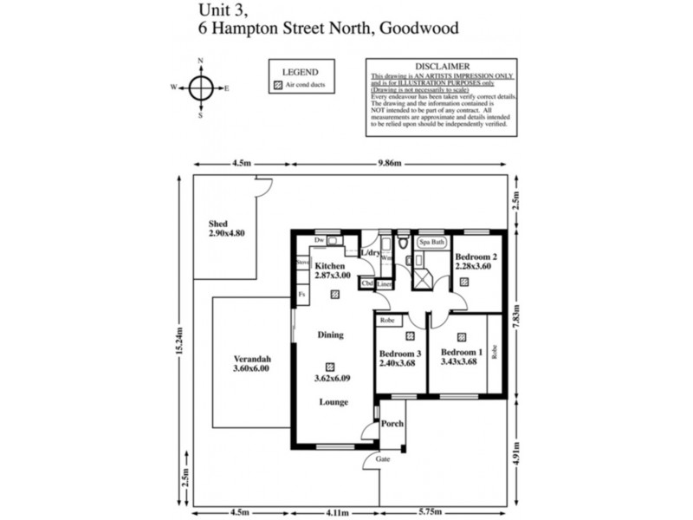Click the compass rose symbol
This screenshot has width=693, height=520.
(201, 88)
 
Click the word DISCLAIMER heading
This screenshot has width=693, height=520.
(443, 66)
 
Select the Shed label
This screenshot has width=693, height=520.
(205, 224)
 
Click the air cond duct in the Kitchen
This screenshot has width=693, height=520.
(334, 294)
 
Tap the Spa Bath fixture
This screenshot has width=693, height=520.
(432, 243)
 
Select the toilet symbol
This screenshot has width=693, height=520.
(403, 240)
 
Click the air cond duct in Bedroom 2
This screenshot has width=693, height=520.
(464, 281)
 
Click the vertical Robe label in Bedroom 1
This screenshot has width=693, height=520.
(495, 352)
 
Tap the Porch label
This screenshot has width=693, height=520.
(392, 424)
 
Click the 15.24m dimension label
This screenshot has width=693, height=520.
(181, 341)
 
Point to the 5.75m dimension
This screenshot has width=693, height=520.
(442, 511)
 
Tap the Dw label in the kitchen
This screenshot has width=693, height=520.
(319, 239)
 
